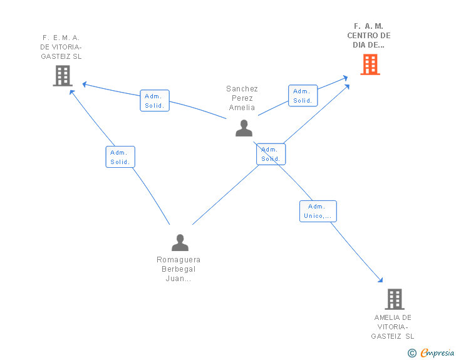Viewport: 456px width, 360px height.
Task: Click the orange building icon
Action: point(370,64)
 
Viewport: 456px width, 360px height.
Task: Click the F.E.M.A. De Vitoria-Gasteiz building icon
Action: point(62,76)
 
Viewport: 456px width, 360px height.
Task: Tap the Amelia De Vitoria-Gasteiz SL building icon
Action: point(394,299)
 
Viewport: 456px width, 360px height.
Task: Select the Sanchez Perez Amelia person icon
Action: point(244,128)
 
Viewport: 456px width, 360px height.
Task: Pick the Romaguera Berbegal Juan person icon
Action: point(180,242)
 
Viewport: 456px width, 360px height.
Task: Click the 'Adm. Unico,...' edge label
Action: point(318,211)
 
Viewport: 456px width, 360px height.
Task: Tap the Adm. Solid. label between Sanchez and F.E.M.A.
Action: point(154,101)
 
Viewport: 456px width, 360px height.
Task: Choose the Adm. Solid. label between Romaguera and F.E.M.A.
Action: point(120,157)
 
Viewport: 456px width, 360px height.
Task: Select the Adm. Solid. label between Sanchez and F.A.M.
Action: point(303,96)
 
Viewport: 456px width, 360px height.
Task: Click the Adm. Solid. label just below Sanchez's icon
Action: point(271,154)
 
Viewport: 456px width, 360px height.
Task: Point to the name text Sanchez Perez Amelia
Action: point(242,98)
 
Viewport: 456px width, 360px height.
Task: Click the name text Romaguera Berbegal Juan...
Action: point(179,269)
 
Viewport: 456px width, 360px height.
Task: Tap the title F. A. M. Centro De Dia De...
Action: point(369,36)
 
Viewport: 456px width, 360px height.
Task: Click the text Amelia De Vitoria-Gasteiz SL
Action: point(393,327)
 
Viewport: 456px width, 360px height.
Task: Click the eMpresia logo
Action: point(437,353)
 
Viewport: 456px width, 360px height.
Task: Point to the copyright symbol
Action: point(412,353)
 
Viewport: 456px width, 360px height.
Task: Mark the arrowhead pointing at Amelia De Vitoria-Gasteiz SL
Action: point(380,280)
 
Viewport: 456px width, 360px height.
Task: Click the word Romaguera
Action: point(179,260)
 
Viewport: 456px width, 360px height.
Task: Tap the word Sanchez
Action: point(242,89)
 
